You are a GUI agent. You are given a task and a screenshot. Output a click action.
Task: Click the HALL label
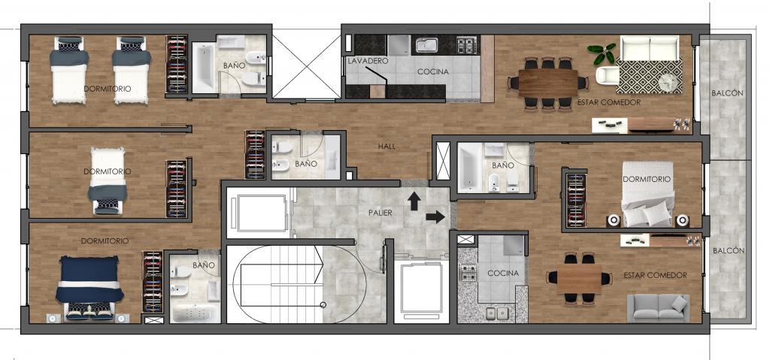(387, 146)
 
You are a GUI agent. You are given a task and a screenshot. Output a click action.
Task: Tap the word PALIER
(380, 213)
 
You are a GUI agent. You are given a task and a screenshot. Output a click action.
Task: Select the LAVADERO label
(368, 62)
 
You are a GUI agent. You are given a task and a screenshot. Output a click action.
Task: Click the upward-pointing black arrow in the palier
(414, 201)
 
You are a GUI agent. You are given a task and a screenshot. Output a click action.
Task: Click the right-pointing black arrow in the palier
(435, 217)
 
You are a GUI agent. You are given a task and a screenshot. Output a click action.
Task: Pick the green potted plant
(602, 53)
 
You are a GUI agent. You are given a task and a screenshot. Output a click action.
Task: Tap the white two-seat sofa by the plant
(650, 47)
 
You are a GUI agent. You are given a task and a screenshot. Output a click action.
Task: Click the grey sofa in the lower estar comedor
(658, 307)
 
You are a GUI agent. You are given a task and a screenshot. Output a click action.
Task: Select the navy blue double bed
(89, 287)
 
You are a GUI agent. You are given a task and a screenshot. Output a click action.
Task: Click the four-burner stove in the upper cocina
(466, 45)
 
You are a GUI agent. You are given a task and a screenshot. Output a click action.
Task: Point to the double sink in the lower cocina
(496, 313)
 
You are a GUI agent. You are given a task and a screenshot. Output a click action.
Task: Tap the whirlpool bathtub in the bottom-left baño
(195, 313)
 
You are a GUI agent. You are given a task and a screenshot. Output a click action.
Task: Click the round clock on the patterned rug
(668, 82)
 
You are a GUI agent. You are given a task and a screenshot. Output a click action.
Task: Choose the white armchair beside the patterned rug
(607, 75)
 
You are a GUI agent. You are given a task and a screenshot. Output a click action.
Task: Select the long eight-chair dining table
(548, 83)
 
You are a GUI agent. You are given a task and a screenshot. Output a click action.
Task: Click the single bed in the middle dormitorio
(108, 180)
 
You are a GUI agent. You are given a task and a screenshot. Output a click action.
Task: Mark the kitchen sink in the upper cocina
(427, 44)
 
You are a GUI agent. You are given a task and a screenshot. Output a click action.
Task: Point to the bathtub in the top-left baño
(203, 68)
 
